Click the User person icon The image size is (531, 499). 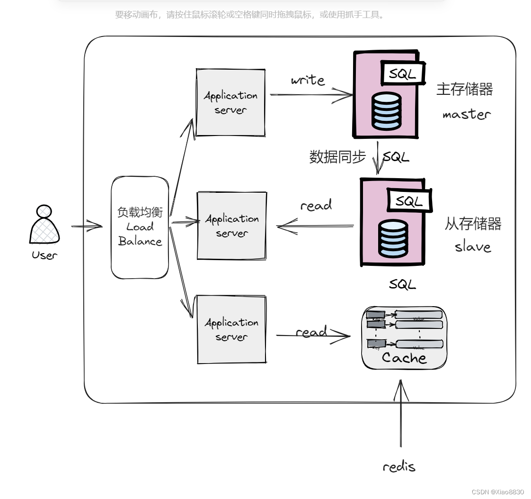point(44,225)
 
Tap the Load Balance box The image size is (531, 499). point(140,227)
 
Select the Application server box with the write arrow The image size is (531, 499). point(230,102)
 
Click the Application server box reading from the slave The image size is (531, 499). point(231,226)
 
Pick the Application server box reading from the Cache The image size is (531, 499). point(231,329)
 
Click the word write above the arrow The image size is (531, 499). point(308,80)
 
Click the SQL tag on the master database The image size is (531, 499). point(402,73)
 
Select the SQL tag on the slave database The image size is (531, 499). point(409,201)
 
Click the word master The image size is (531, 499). point(467,114)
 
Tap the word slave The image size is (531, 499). point(473,246)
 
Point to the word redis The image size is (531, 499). point(399,467)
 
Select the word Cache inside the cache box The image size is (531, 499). point(404,358)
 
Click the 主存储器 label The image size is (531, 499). point(464,89)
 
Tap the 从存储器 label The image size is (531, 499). point(473,224)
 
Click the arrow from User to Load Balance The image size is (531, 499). point(87,227)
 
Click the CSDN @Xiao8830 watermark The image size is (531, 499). point(498,492)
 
